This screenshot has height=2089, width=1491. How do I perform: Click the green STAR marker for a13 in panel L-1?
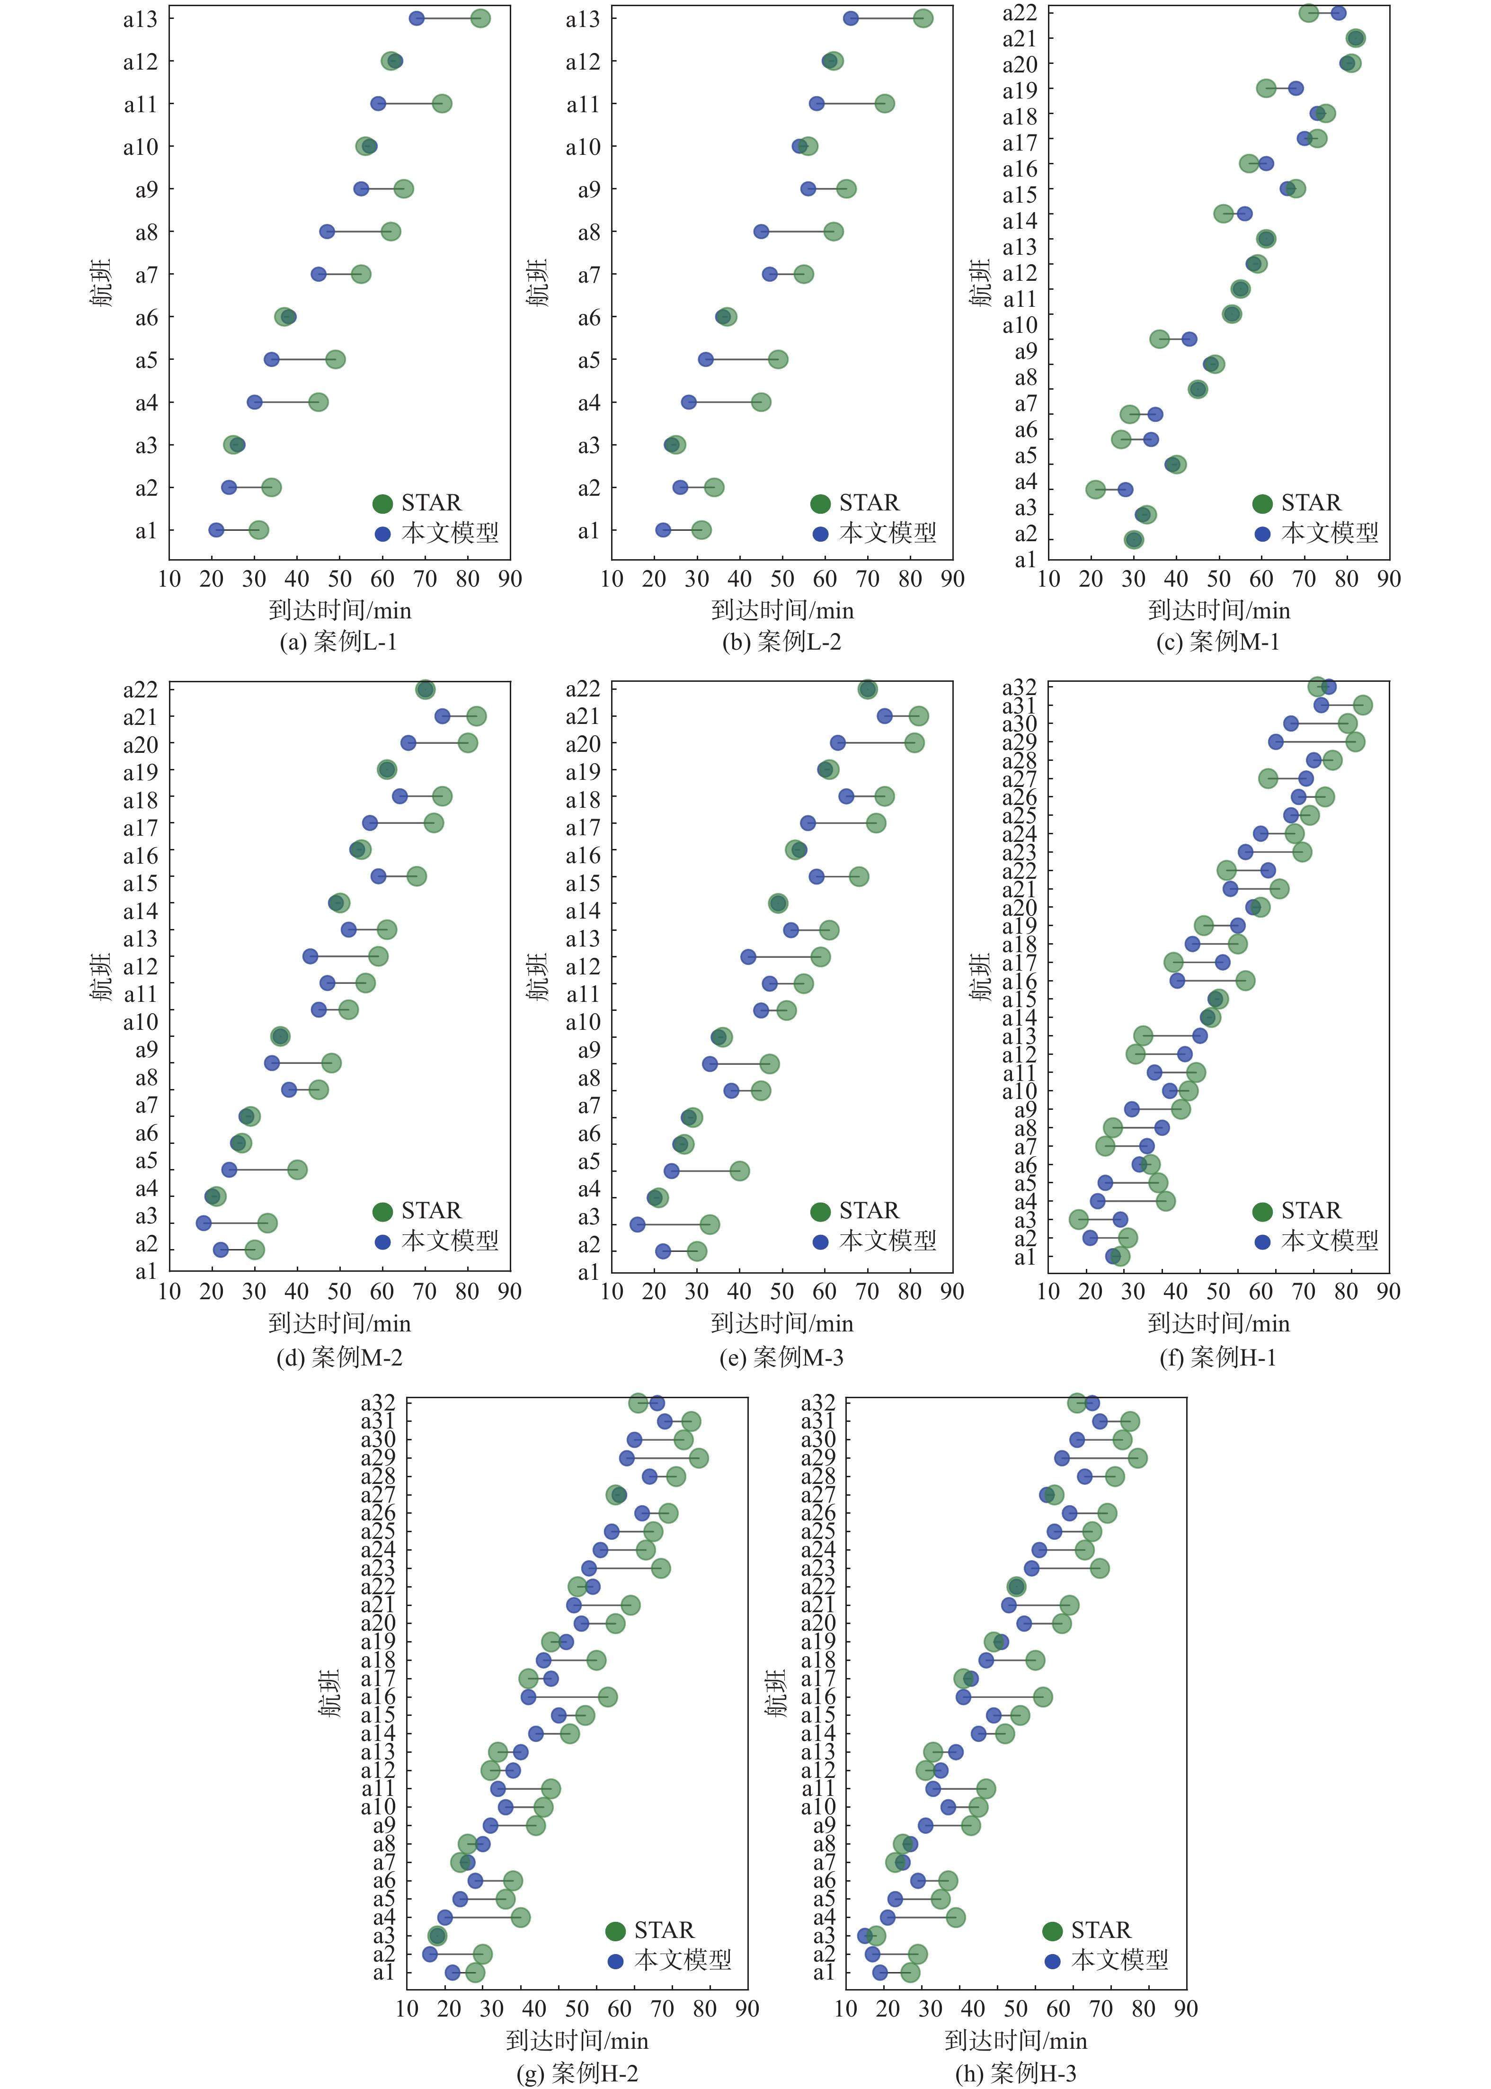pyautogui.click(x=479, y=18)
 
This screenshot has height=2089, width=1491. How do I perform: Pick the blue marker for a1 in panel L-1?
pyautogui.click(x=216, y=530)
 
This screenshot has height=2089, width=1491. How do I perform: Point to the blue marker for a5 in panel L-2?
pyautogui.click(x=705, y=359)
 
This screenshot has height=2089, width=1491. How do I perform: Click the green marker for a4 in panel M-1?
pyautogui.click(x=1095, y=490)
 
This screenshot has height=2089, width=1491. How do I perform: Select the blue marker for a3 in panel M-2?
pyautogui.click(x=204, y=1223)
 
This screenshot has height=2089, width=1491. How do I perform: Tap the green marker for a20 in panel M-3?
pyautogui.click(x=914, y=743)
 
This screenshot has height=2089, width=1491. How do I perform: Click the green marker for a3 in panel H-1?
pyautogui.click(x=1079, y=1219)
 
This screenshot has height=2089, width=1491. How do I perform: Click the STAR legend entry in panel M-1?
pyautogui.click(x=1296, y=503)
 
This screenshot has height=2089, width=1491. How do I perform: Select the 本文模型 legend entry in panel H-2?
pyautogui.click(x=668, y=1960)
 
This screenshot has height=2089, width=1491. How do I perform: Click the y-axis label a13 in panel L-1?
pyautogui.click(x=141, y=19)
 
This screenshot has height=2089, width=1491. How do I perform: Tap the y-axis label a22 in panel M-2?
pyautogui.click(x=141, y=689)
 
